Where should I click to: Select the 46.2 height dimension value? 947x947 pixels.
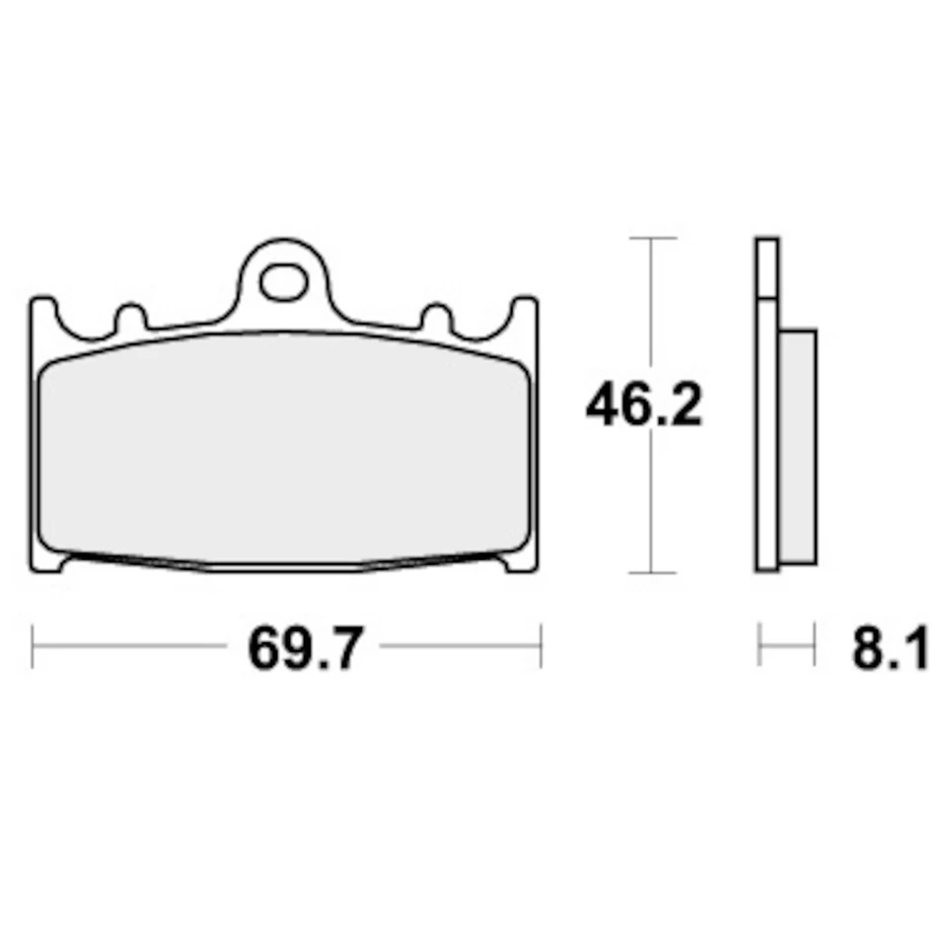[643, 405]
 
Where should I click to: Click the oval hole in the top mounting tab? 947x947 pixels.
[283, 283]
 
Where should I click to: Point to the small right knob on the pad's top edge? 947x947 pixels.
[436, 318]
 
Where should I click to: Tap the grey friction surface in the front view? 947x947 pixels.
[284, 449]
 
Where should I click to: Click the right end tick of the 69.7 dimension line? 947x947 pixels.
[541, 646]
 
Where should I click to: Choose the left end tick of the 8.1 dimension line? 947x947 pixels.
[759, 646]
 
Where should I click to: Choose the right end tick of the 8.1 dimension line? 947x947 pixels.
[815, 646]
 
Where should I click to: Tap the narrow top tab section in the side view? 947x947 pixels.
[766, 266]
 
